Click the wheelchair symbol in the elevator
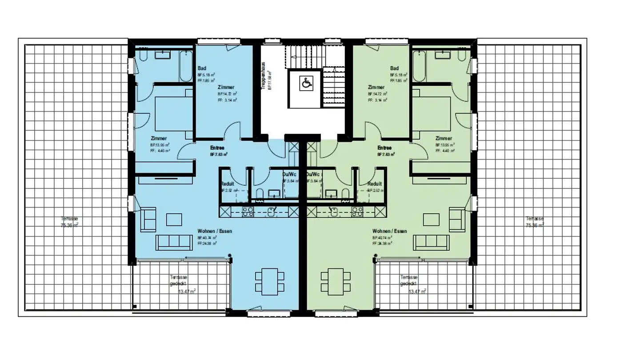[x=306, y=83]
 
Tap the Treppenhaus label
[x=264, y=76]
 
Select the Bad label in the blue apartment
[x=202, y=68]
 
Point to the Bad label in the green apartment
[x=394, y=68]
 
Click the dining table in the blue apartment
[x=269, y=281]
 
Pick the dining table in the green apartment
[x=336, y=281]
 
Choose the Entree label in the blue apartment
[x=217, y=148]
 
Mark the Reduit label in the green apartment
[x=375, y=184]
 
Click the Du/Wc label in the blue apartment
[x=289, y=175]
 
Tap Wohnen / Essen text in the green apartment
[x=389, y=231]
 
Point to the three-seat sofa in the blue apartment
[x=173, y=242]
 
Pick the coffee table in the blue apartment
[x=174, y=220]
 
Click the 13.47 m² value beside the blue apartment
[x=187, y=292]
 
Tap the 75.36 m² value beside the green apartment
[x=535, y=225]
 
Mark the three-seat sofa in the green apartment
[x=431, y=242]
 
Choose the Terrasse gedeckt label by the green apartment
[x=408, y=280]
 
